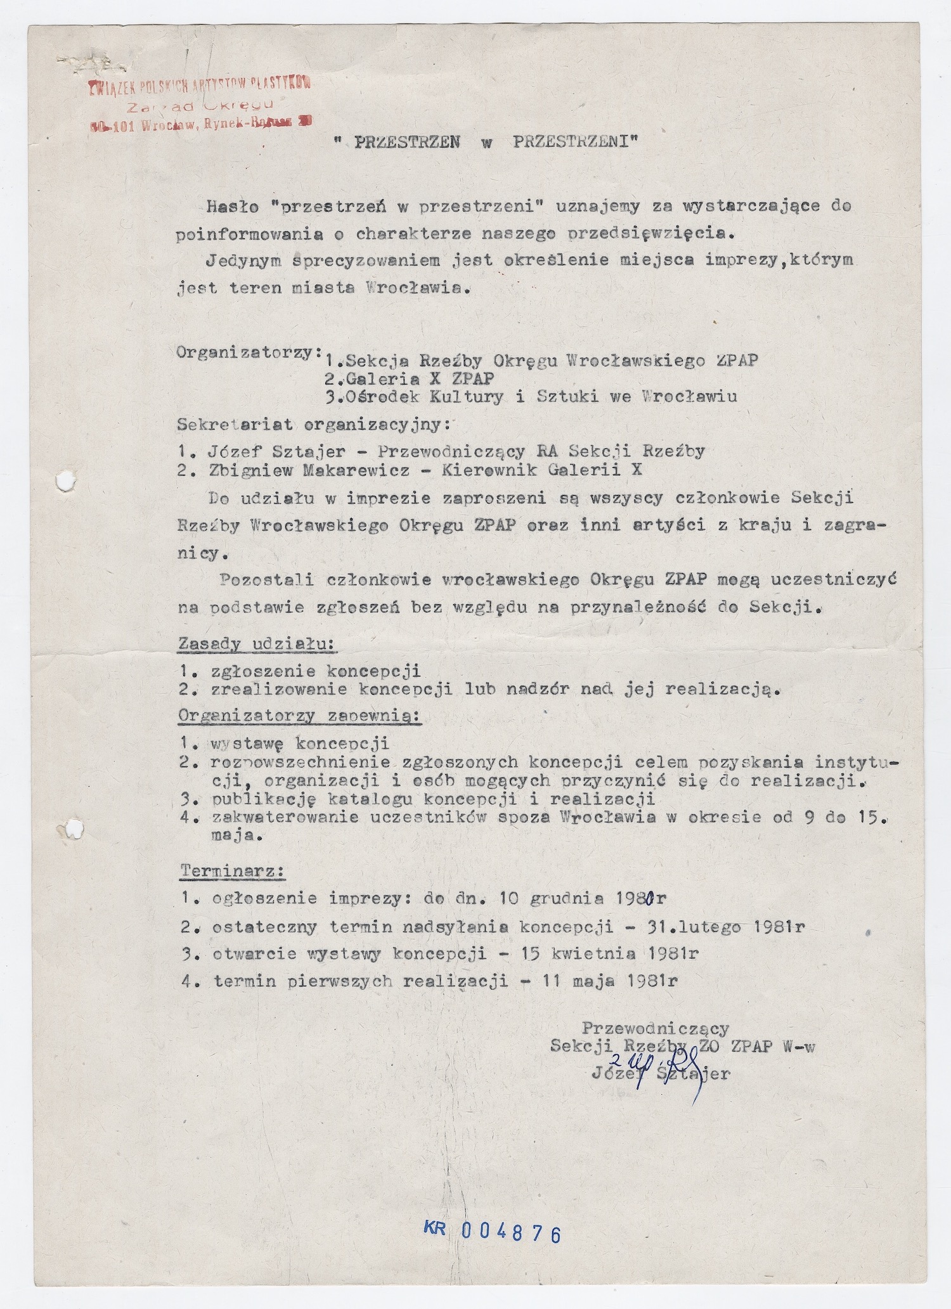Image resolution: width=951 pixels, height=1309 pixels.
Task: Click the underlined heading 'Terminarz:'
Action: tap(233, 871)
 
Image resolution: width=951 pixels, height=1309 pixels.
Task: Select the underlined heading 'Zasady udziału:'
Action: tap(257, 644)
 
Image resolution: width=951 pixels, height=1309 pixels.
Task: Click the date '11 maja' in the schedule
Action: tap(576, 981)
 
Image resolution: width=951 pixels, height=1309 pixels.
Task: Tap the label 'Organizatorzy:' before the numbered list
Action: tap(248, 352)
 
